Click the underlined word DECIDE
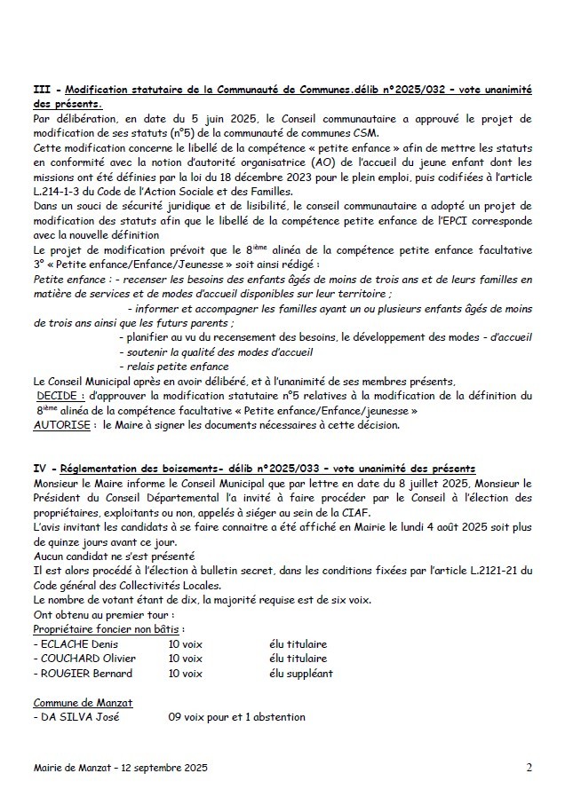pyautogui.click(x=61, y=393)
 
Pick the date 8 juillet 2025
pyautogui.click(x=412, y=483)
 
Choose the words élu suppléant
pyautogui.click(x=300, y=674)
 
